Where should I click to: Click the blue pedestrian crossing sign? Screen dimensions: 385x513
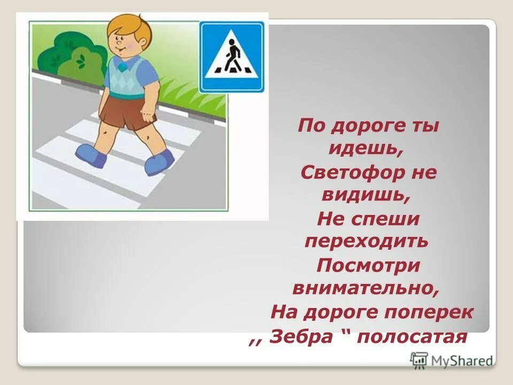231,57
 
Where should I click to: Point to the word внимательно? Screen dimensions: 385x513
366,288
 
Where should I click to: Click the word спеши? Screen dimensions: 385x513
391,219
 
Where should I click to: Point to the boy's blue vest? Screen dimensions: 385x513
125,76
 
